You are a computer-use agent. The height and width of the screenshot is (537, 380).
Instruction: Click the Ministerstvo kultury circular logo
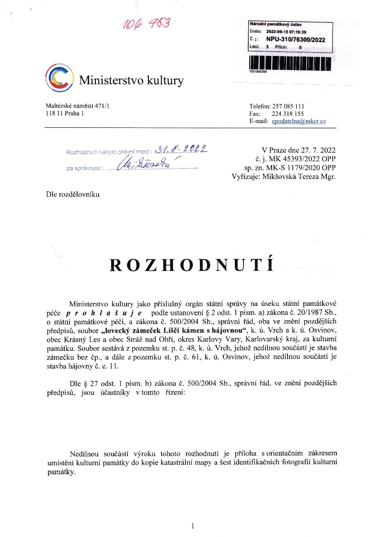click(x=59, y=77)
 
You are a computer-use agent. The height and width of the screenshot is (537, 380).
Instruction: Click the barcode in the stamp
click(x=289, y=62)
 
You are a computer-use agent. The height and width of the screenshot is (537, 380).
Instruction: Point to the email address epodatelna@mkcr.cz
click(x=299, y=122)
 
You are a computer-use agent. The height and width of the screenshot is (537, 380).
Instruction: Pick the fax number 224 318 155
click(x=288, y=114)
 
